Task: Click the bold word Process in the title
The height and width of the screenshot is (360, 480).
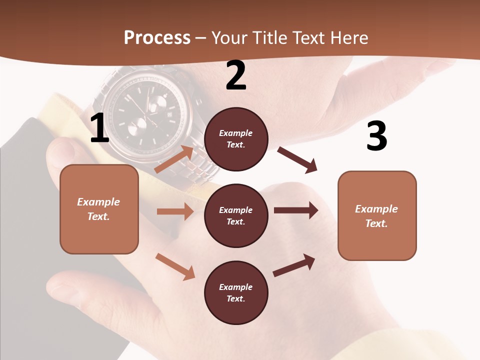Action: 157,37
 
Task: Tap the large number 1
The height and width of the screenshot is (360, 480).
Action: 99,128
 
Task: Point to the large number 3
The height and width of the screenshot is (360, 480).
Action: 376,136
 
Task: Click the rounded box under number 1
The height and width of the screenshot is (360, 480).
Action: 99,209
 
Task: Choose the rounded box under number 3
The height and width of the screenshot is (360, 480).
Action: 377,215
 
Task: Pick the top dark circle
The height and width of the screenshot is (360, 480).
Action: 236,139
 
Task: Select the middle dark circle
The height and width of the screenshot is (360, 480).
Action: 236,215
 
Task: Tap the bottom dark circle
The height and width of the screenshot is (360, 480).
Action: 236,292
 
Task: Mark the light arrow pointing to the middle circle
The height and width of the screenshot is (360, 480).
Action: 175,211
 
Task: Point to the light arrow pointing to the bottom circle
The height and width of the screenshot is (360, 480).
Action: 175,266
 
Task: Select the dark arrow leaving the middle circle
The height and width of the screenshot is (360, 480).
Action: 296,210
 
